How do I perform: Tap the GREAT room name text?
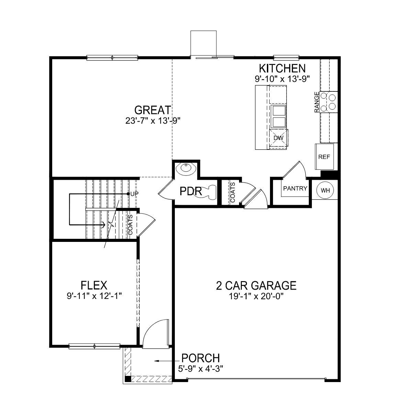pyautogui.click(x=153, y=110)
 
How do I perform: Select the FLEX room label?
pyautogui.click(x=94, y=285)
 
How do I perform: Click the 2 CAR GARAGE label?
pyautogui.click(x=256, y=286)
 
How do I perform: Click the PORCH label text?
pyautogui.click(x=200, y=358)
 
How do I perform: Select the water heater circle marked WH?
pyautogui.click(x=324, y=190)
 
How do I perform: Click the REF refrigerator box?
pyautogui.click(x=324, y=157)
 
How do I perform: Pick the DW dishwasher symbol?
pyautogui.click(x=278, y=138)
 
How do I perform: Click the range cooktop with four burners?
pyautogui.click(x=328, y=102)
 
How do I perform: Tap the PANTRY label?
pyautogui.click(x=295, y=188)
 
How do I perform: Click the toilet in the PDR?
pyautogui.click(x=208, y=191)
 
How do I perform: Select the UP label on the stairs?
pyautogui.click(x=134, y=194)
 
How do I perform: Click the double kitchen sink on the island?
pyautogui.click(x=278, y=116)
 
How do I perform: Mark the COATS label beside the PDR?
pyautogui.click(x=233, y=192)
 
